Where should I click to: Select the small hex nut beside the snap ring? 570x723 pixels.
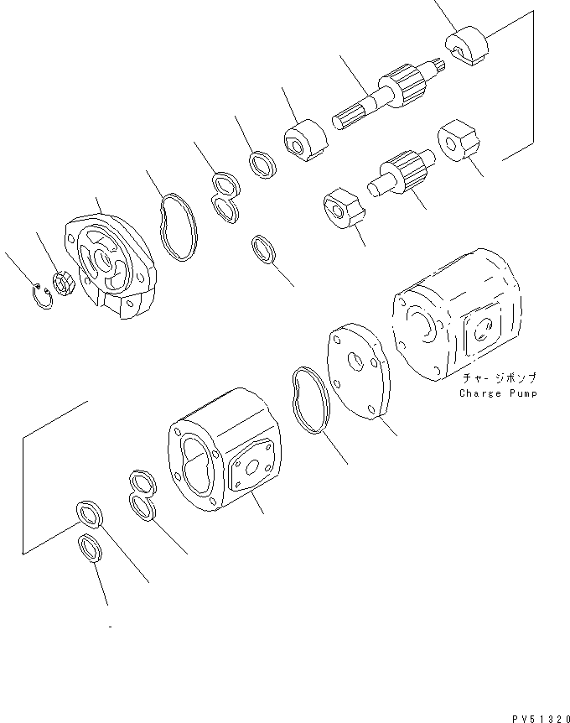point(61,283)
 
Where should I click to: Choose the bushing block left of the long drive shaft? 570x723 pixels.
point(304,139)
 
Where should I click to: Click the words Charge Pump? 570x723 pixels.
point(498,393)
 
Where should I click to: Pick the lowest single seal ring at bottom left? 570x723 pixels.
point(90,550)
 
